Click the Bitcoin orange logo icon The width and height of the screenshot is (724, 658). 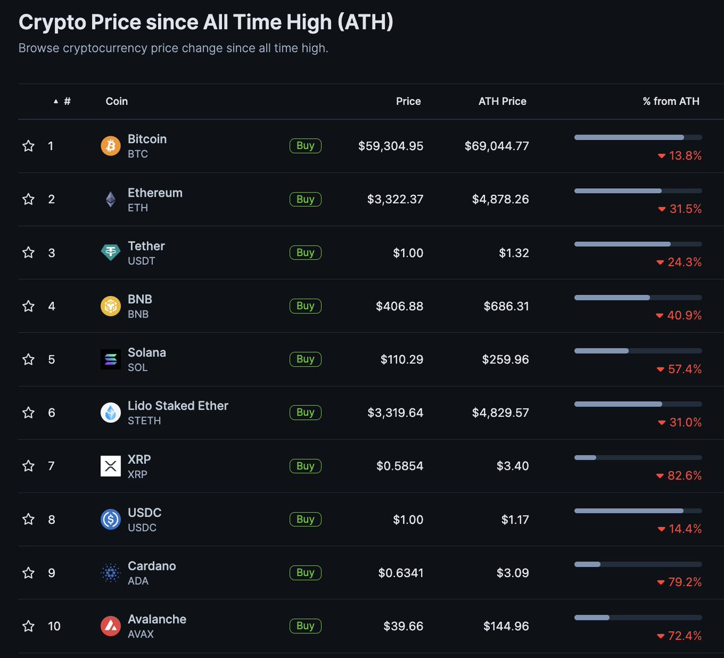click(x=110, y=146)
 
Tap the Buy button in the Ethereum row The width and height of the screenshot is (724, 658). click(x=305, y=199)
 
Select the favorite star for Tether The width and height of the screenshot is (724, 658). click(x=28, y=253)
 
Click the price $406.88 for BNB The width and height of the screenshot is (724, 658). click(x=399, y=306)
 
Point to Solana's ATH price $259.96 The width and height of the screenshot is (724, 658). click(x=505, y=359)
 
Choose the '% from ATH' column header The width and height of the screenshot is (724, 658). click(x=671, y=101)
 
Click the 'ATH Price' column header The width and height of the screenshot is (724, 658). click(x=502, y=101)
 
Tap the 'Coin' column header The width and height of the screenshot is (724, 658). click(x=116, y=101)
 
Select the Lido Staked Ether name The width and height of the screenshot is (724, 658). click(x=178, y=406)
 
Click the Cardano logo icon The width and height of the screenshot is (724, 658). click(x=110, y=573)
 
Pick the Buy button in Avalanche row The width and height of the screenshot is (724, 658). click(x=305, y=625)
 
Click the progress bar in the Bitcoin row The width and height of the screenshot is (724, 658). click(x=638, y=138)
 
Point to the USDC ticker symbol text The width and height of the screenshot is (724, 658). click(x=142, y=528)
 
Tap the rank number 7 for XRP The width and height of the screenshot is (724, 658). click(x=51, y=466)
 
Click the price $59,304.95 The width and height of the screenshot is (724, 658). click(x=390, y=146)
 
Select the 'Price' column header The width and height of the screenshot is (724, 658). click(x=408, y=101)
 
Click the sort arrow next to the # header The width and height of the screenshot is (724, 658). click(x=56, y=101)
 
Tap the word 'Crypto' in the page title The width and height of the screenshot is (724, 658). click(x=52, y=22)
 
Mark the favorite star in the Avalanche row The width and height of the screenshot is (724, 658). click(x=28, y=626)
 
